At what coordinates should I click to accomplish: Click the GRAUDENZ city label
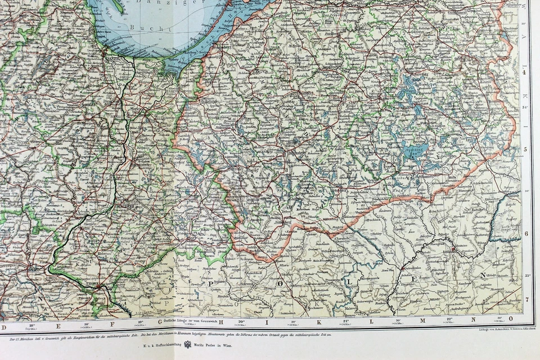(x=123, y=206)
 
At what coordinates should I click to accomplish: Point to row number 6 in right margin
(x=525, y=233)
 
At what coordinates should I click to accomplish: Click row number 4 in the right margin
(x=524, y=72)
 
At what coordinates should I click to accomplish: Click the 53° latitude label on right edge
(x=526, y=276)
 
